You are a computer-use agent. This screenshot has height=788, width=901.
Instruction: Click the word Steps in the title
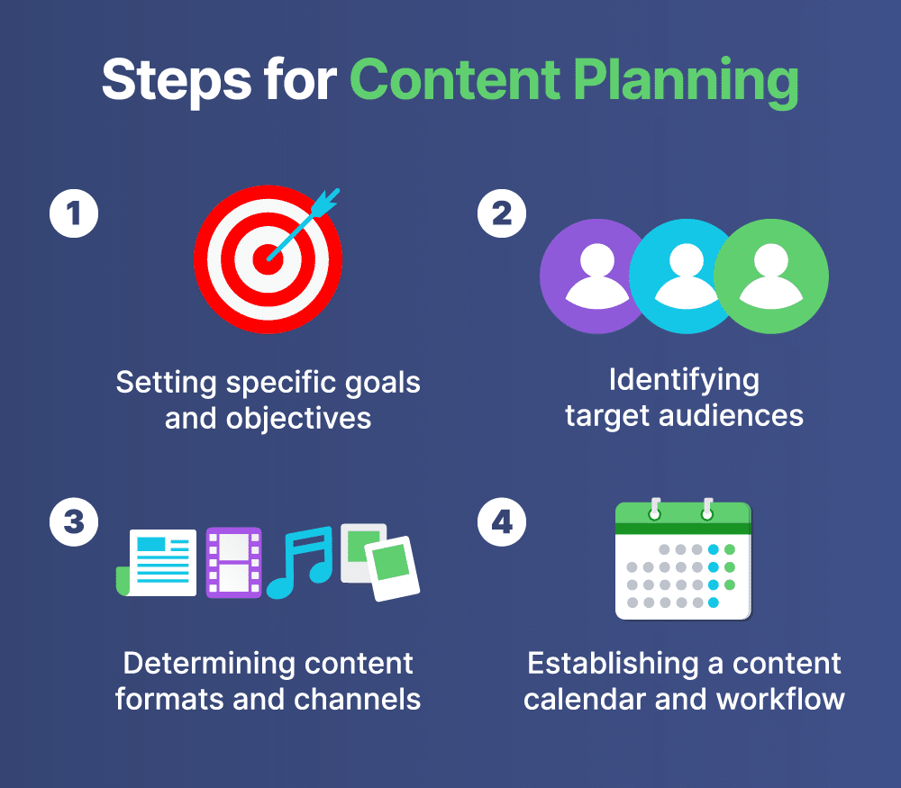(x=177, y=80)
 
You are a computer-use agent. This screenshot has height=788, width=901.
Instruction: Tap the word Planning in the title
(x=686, y=82)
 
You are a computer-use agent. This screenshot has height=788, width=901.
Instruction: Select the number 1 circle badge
(x=74, y=213)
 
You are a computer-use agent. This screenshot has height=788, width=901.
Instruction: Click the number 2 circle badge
(x=502, y=213)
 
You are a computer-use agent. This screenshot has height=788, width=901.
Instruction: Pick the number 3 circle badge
(x=74, y=521)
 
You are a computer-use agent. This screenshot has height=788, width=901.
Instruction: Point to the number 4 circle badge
(x=502, y=521)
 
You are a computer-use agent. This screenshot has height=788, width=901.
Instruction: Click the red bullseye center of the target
(x=268, y=259)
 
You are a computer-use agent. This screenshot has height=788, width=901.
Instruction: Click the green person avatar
(x=771, y=276)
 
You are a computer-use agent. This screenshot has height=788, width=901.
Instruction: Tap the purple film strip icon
(x=233, y=563)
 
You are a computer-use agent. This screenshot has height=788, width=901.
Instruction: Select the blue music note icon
(x=300, y=562)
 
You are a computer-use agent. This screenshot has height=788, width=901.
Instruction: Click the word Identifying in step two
(x=684, y=381)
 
